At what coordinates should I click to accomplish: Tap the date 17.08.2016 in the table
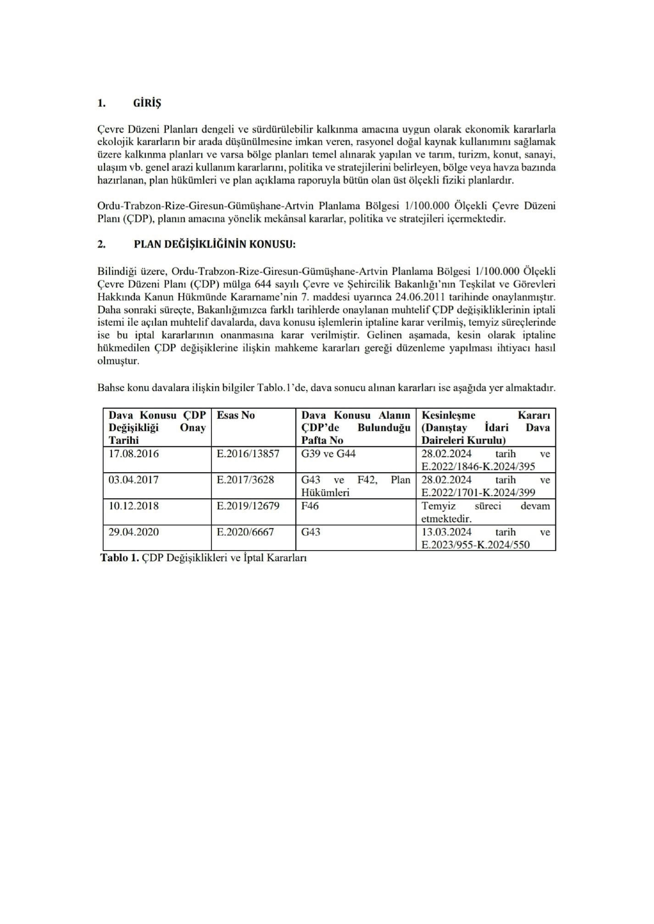pos(134,454)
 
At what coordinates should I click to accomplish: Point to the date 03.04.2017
pos(134,480)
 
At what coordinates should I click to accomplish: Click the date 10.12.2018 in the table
pos(134,506)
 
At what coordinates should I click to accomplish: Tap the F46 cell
pos(310,506)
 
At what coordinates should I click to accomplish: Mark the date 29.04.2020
pos(134,532)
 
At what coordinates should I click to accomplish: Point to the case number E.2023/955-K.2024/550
pos(475,545)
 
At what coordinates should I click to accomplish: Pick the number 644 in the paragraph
pos(263,284)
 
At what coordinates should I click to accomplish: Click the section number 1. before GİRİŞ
pos(101,104)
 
